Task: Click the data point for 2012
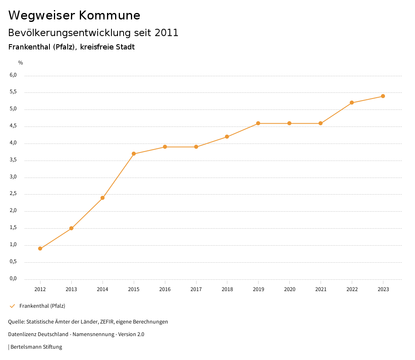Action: pos(40,249)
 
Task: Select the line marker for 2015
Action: pos(134,154)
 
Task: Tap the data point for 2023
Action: pos(383,96)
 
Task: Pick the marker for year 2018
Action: pos(227,137)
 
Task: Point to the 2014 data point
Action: pos(103,198)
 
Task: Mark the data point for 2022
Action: pos(352,103)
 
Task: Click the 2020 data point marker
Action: pos(289,123)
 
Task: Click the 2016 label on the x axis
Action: pos(165,289)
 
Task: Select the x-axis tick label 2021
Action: pos(321,289)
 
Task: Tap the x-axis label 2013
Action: pos(71,289)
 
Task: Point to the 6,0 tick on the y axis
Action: pos(13,75)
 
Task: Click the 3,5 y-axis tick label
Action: pos(13,160)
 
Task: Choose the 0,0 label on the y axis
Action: pos(13,279)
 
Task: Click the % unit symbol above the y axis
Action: pos(21,63)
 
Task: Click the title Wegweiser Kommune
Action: pos(74,15)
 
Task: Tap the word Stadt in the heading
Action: pos(125,47)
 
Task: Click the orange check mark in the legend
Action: pos(12,306)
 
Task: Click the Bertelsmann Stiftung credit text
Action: pos(36,347)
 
